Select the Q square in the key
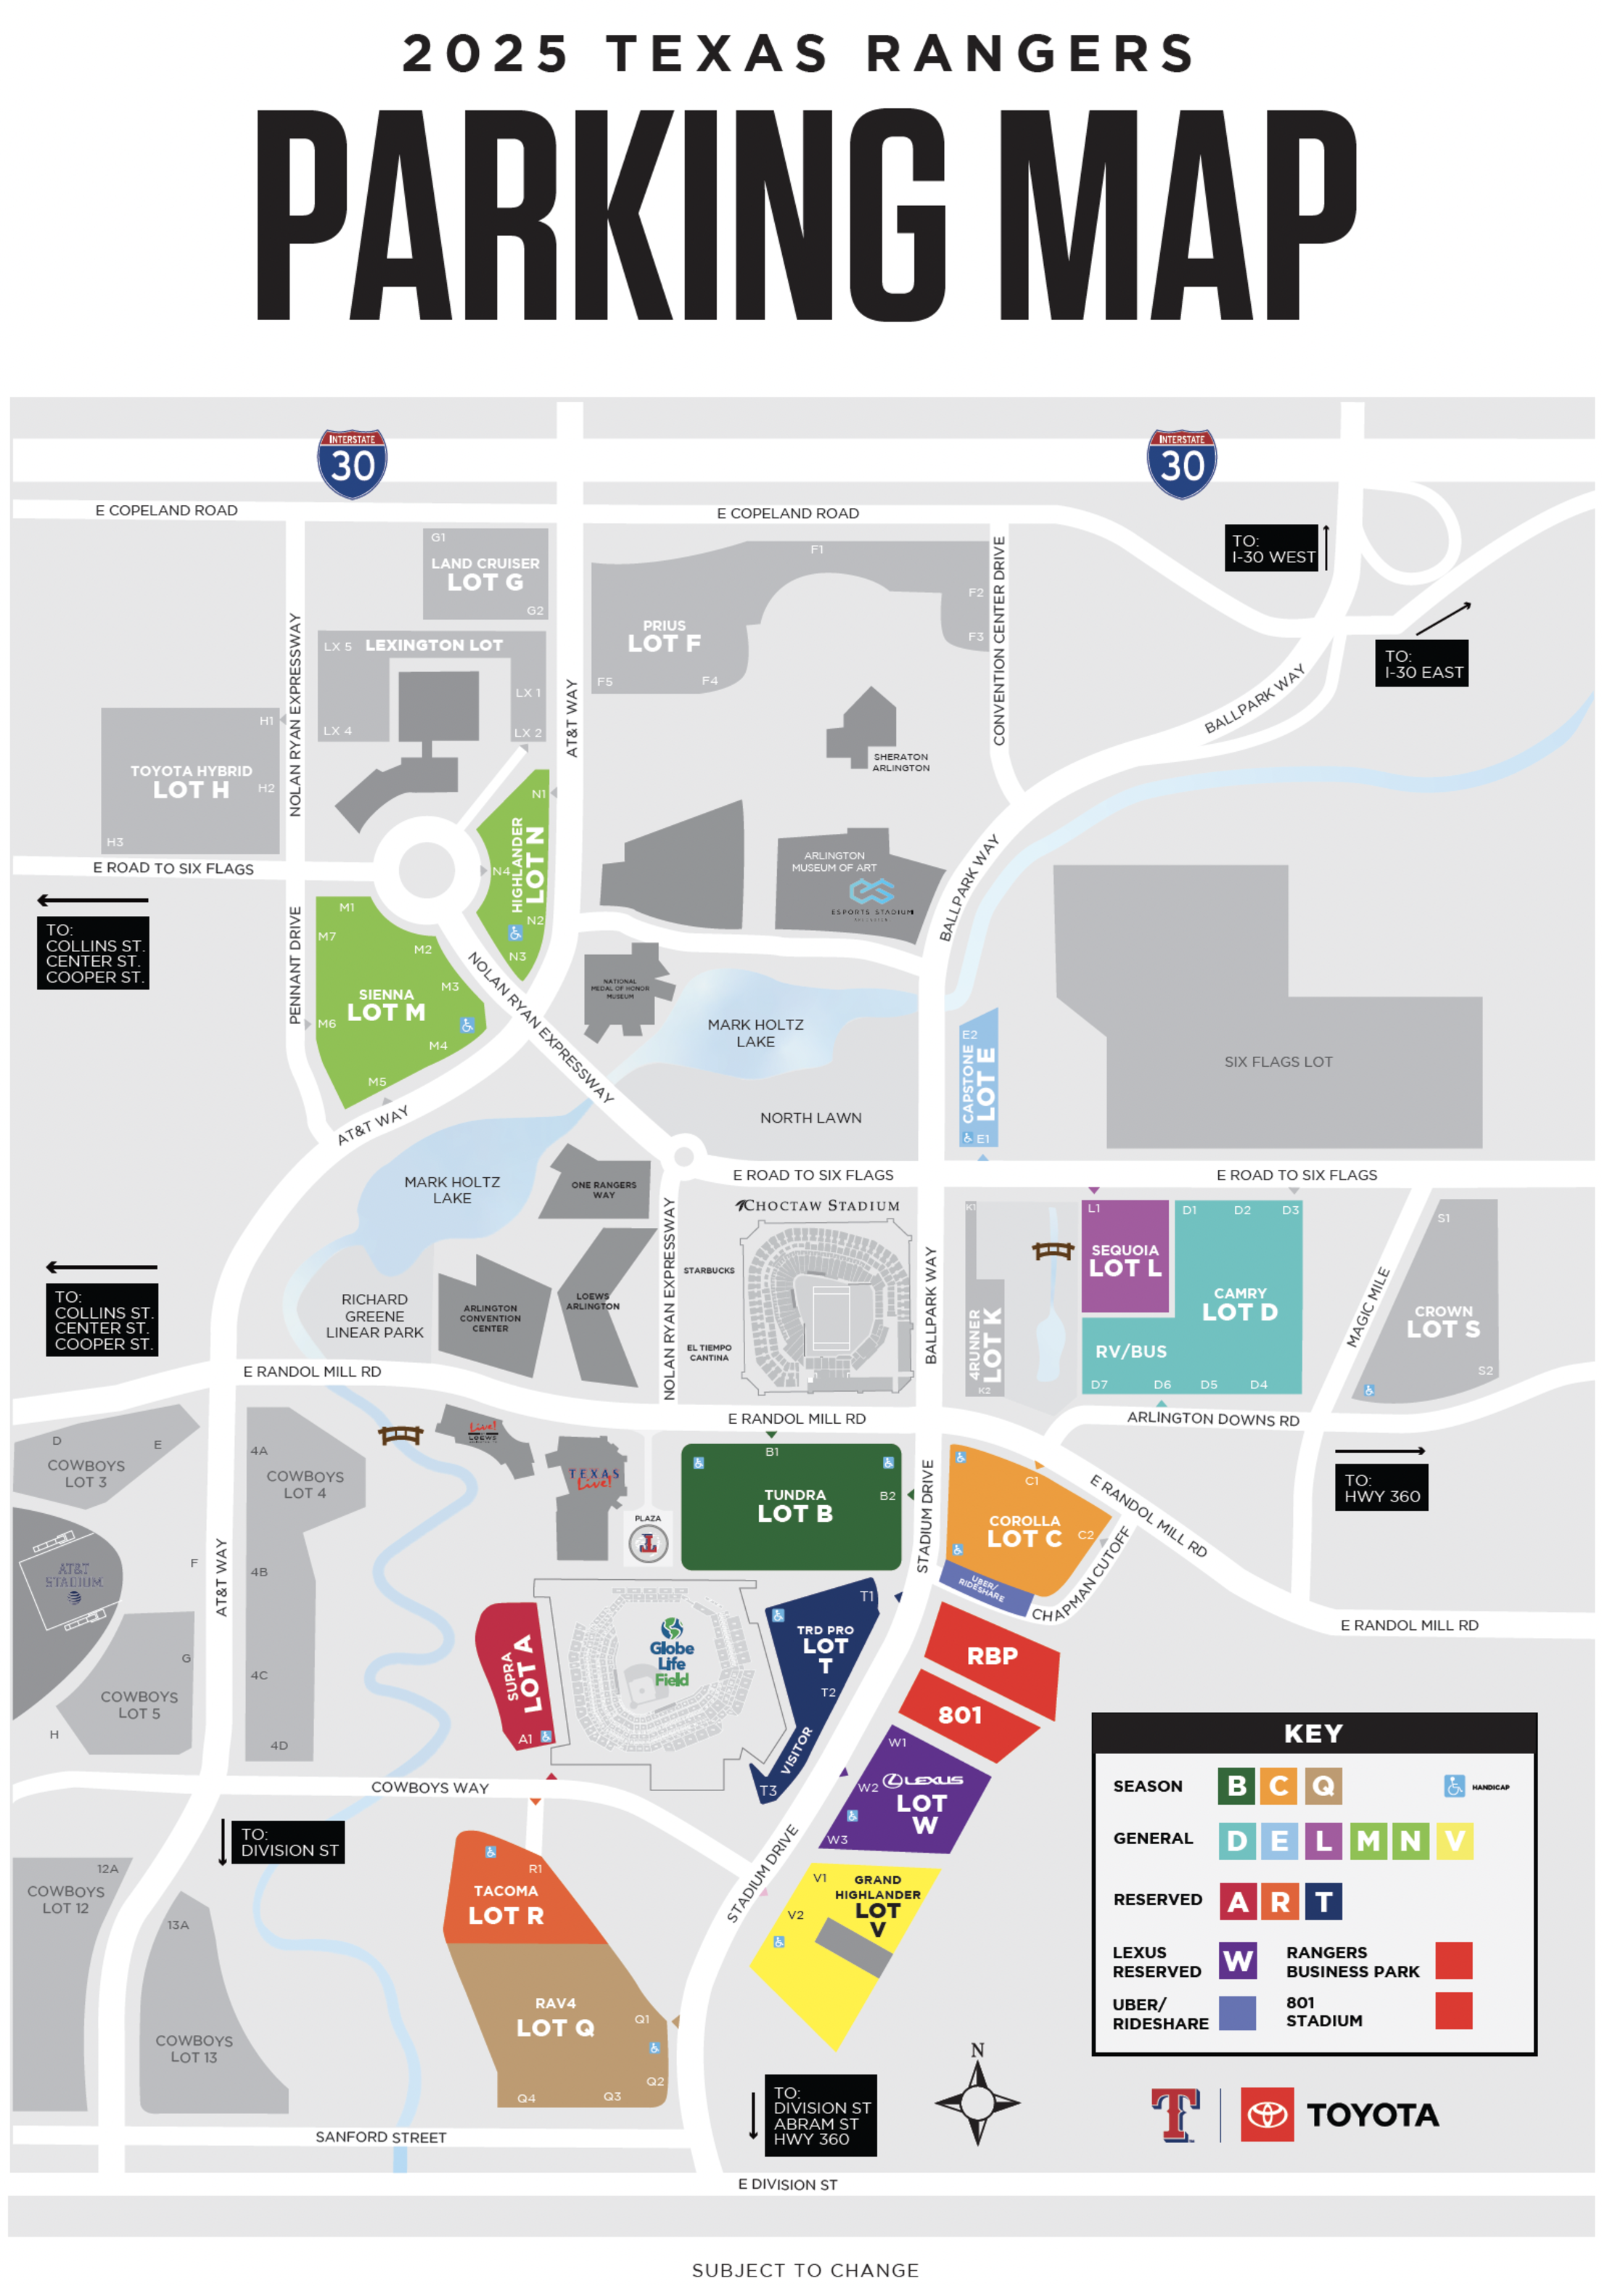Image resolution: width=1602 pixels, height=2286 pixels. click(1321, 1785)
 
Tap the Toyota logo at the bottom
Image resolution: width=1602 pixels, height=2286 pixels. click(1340, 2114)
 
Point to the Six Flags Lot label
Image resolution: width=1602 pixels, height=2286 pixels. click(1278, 1061)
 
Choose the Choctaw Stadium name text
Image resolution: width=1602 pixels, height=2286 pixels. click(818, 1205)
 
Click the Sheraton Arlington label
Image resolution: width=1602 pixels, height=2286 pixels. click(900, 762)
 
